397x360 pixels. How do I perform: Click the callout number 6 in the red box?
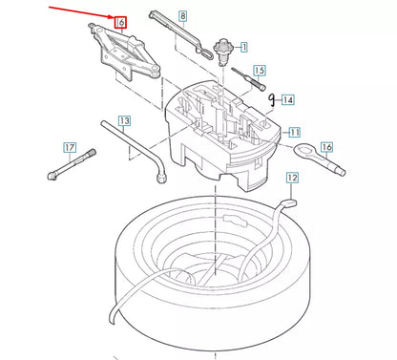coord(120,22)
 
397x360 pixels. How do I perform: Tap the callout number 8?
coord(182,16)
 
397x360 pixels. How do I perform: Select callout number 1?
coord(242,45)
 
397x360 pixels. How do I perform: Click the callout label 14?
coord(288,98)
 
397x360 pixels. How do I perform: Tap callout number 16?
coord(326,146)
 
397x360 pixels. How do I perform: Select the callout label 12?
coord(292,177)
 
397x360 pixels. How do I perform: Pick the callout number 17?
coord(69,147)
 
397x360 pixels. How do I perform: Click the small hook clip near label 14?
coord(273,96)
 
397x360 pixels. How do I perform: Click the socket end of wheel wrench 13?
coord(163,176)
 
